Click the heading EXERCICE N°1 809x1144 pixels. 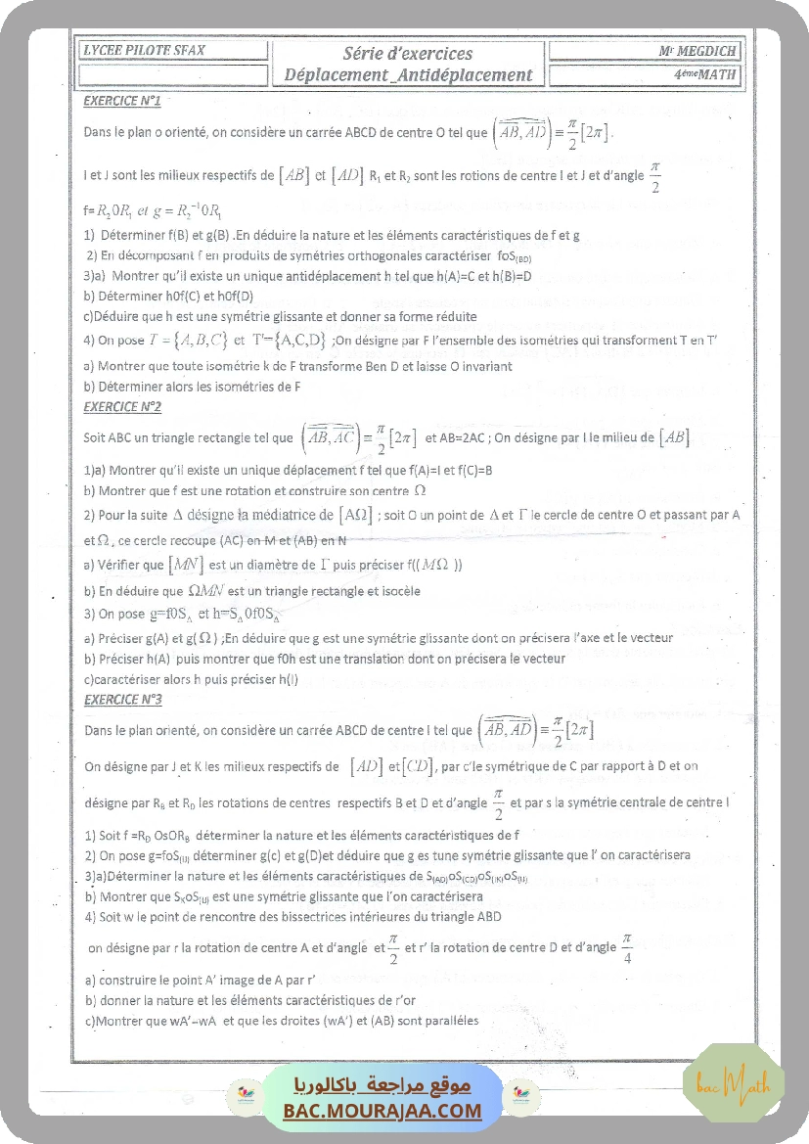coord(122,101)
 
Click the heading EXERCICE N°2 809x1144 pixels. coord(122,406)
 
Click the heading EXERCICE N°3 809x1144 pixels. coord(122,700)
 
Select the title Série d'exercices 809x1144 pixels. coord(408,54)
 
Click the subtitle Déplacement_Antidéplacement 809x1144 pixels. coord(408,74)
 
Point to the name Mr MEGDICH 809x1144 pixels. coord(697,51)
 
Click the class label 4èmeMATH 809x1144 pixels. coord(705,74)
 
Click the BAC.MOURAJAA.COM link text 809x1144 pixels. coord(382,1111)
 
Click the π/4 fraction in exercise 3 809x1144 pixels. coord(627,947)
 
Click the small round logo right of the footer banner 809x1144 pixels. coord(521,1094)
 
